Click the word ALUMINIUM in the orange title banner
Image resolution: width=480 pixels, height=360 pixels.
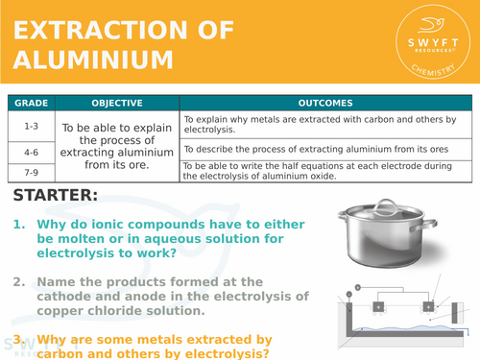93,60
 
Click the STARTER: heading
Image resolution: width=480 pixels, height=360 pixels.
56,196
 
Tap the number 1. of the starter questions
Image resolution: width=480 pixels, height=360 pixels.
18,225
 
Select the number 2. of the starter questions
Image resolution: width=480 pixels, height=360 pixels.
18,282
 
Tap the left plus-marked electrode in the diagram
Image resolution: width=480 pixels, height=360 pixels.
379,306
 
